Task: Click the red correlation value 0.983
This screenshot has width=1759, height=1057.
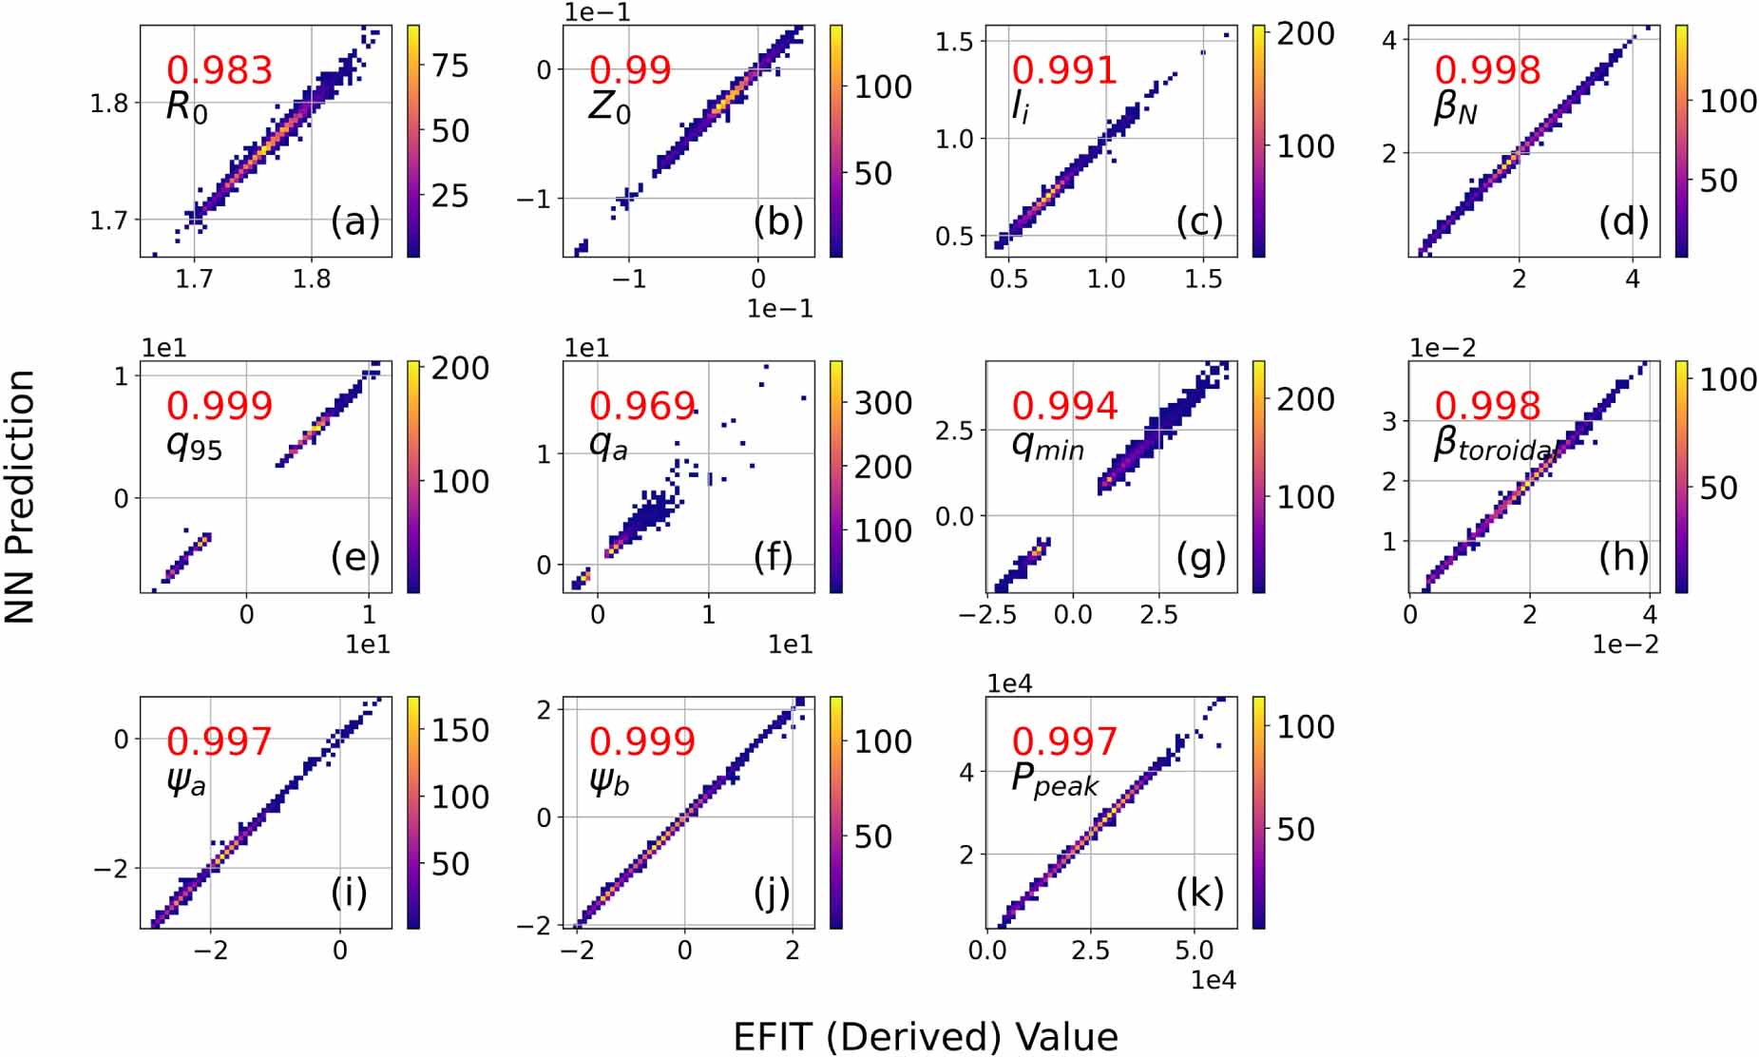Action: pyautogui.click(x=220, y=70)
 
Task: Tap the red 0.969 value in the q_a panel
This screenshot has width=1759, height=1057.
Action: pyautogui.click(x=642, y=406)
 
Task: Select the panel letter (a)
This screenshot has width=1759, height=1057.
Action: pyautogui.click(x=354, y=221)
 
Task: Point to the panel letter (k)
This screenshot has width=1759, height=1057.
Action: pyautogui.click(x=1199, y=893)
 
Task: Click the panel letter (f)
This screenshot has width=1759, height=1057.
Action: pyautogui.click(x=773, y=557)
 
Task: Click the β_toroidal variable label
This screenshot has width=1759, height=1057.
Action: pyautogui.click(x=1492, y=444)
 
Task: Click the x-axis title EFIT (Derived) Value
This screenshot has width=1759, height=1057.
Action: pyautogui.click(x=925, y=1036)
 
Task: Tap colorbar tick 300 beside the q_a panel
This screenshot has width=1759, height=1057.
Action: pyautogui.click(x=883, y=403)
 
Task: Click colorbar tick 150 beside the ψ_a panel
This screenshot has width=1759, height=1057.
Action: pyautogui.click(x=460, y=730)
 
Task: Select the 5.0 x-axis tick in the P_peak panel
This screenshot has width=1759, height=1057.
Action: pyautogui.click(x=1194, y=951)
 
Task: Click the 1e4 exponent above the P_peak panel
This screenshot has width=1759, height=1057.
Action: pyautogui.click(x=1009, y=683)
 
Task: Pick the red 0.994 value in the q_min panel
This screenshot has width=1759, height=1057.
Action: pyautogui.click(x=1064, y=406)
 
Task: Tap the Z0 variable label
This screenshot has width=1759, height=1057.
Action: pyautogui.click(x=609, y=106)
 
